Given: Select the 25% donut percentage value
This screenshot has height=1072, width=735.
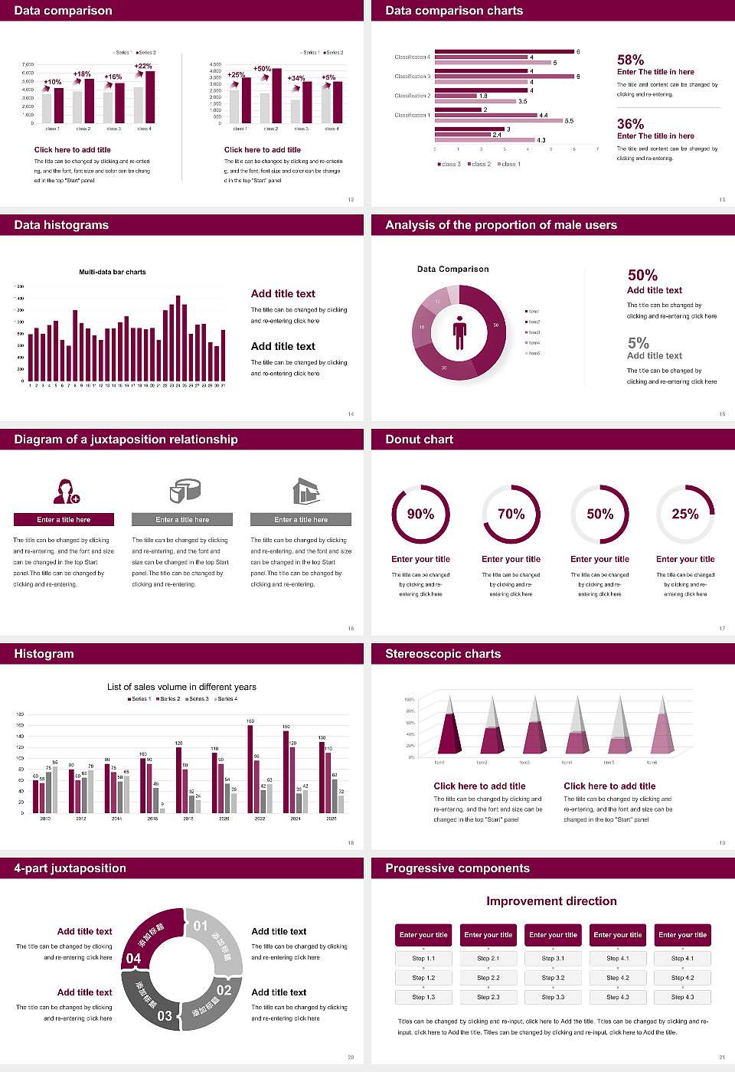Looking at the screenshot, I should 684,514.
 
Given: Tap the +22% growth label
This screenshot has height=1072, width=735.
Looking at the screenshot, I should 143,67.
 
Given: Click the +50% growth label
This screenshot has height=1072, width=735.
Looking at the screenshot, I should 262,69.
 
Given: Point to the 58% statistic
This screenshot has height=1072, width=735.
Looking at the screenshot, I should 630,60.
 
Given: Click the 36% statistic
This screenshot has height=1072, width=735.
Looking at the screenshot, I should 630,124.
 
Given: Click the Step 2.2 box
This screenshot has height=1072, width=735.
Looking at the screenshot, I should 488,978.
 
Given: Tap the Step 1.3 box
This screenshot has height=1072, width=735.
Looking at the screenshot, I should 423,997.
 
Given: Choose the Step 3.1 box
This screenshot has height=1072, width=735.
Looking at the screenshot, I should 553,959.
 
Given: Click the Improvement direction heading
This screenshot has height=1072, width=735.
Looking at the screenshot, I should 551,901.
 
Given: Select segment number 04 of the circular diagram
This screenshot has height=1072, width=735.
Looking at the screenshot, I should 134,958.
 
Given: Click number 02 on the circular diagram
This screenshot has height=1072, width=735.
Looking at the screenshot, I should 224,990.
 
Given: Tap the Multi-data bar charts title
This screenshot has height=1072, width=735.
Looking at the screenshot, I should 113,272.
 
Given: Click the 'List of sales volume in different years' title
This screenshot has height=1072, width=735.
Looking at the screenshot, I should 181,687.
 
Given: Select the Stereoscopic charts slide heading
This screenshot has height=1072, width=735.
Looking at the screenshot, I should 443,654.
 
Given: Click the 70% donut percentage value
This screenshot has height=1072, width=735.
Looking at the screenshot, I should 511,514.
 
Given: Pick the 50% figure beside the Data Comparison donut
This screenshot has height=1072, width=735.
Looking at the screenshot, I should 642,275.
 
